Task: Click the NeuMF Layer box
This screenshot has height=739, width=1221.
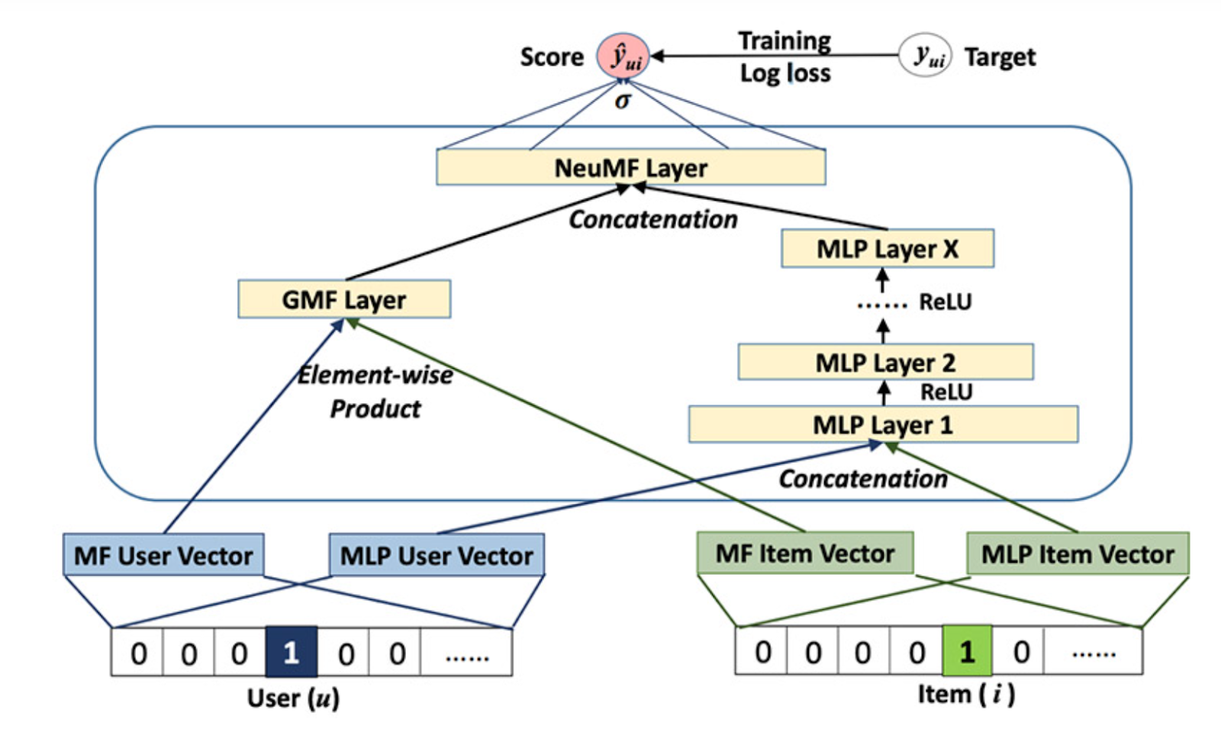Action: [x=630, y=167]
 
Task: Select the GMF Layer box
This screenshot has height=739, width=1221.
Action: [x=344, y=299]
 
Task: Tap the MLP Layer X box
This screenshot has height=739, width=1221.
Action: [x=888, y=249]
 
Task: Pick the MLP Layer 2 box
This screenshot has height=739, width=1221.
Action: [x=885, y=362]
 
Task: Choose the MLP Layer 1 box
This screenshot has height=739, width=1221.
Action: [x=883, y=424]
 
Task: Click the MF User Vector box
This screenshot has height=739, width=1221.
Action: [x=163, y=555]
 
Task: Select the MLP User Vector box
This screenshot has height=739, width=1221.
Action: [x=437, y=555]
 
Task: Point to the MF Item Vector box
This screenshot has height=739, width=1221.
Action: [x=805, y=553]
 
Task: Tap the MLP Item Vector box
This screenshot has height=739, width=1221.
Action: [x=1078, y=553]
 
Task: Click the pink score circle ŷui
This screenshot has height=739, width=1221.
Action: [x=623, y=56]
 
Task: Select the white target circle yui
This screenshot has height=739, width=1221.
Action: [x=925, y=55]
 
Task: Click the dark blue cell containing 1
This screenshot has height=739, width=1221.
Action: [x=291, y=652]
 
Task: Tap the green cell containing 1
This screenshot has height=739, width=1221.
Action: [x=967, y=651]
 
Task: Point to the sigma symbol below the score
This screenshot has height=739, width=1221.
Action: [x=623, y=101]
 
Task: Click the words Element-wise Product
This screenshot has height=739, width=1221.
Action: [x=375, y=392]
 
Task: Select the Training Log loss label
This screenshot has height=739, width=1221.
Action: [x=784, y=56]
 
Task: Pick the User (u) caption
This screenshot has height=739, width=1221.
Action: [x=293, y=698]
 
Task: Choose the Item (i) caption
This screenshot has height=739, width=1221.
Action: [x=965, y=694]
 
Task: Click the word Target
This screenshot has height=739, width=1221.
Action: [x=1000, y=56]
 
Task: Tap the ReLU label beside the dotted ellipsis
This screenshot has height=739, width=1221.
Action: [x=946, y=302]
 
